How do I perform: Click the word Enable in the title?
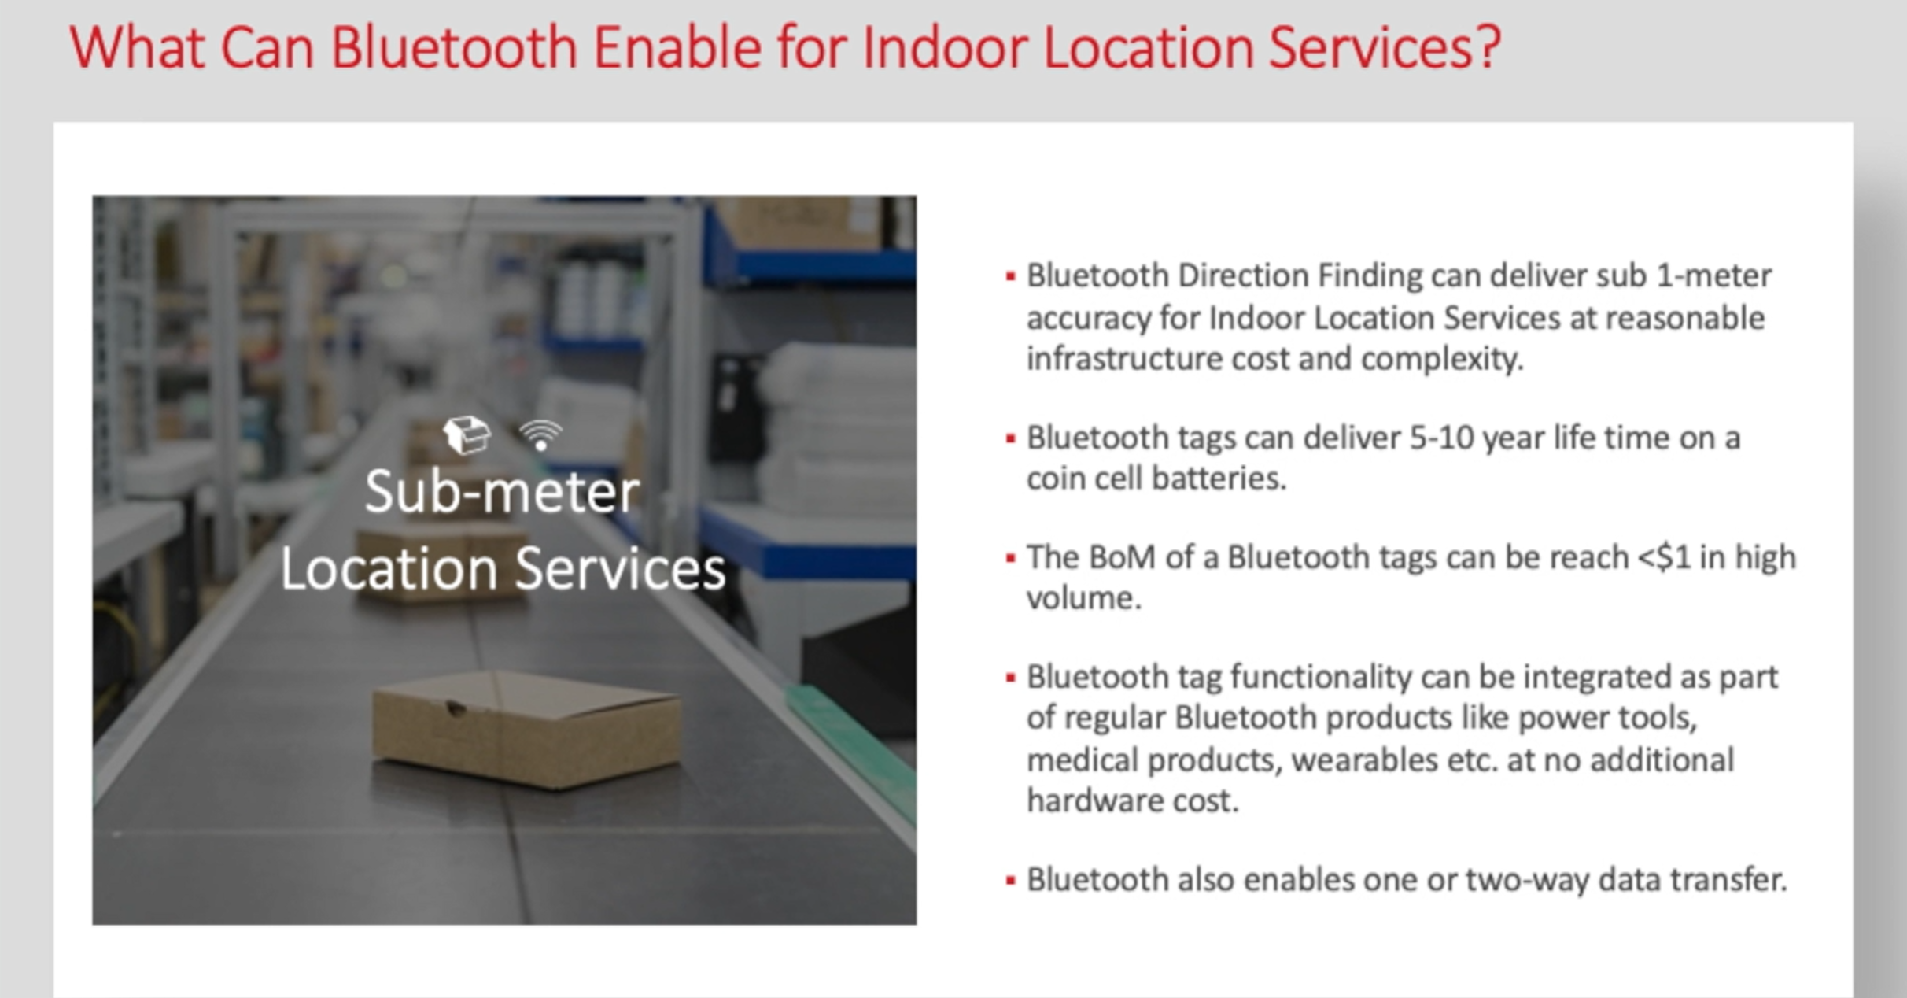pos(677,47)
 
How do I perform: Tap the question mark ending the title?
pos(1487,47)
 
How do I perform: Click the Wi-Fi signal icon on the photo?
pos(541,434)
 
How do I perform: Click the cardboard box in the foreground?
pos(526,728)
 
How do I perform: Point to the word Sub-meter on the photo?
pos(502,492)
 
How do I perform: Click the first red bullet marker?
pos(1010,277)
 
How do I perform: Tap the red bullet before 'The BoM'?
pos(1010,559)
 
